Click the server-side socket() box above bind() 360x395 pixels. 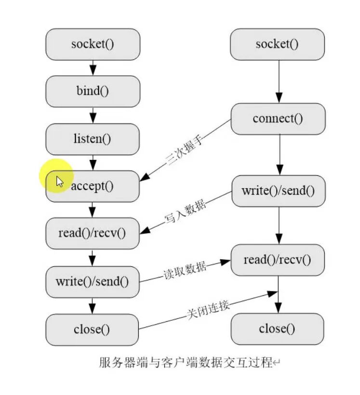[93, 44]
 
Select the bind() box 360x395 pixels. [93, 91]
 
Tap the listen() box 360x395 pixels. [93, 139]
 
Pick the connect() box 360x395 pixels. [278, 118]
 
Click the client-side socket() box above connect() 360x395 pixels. [277, 44]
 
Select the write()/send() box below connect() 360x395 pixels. [278, 190]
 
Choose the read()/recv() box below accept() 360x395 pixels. [92, 233]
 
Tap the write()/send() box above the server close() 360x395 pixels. [93, 281]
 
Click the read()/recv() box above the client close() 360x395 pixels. [278, 260]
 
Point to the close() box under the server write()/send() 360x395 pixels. [92, 329]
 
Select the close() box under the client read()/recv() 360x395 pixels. [277, 329]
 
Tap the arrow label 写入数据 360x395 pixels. [186, 211]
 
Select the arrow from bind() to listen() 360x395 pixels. [93, 115]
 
